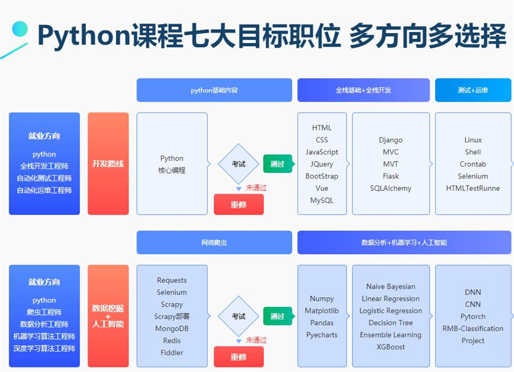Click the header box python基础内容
(x=214, y=90)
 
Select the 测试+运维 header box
(x=473, y=90)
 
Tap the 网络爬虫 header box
(x=214, y=242)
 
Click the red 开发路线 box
(x=108, y=163)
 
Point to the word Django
(x=391, y=140)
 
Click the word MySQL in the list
(x=322, y=201)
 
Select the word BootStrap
(x=322, y=177)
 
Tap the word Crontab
(x=473, y=164)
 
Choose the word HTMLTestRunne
(x=473, y=189)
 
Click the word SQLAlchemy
(x=391, y=189)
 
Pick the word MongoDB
(x=172, y=329)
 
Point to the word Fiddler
(x=172, y=353)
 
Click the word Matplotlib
(x=322, y=311)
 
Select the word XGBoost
(x=391, y=347)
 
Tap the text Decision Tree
(x=391, y=323)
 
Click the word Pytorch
(x=473, y=317)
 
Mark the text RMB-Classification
(x=473, y=329)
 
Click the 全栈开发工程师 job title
(x=45, y=166)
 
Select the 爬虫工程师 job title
(x=45, y=312)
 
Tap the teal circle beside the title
(x=21, y=29)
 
